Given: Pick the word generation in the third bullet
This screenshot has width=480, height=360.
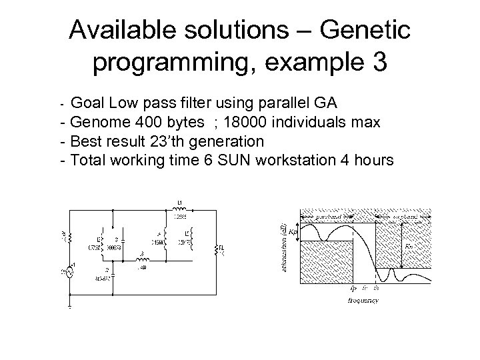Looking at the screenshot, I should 229,141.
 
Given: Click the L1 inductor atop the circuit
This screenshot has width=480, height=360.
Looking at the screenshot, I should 179,207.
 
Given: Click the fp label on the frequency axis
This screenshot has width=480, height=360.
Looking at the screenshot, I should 353,289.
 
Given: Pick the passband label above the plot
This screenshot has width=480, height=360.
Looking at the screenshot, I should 331,215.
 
